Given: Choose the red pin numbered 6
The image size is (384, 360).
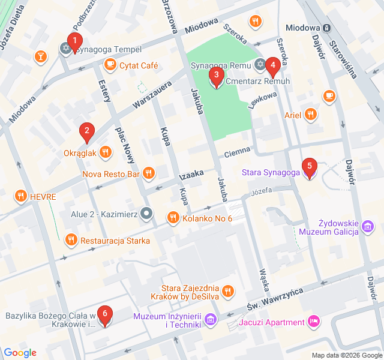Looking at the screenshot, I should pos(105,315).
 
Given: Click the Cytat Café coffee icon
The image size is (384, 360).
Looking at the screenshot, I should pos(110,65).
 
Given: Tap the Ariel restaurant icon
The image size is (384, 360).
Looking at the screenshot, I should pos(310,115).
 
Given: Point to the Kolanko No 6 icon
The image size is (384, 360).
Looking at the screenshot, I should pos(173,217).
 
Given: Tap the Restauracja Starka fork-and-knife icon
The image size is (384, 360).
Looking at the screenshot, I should pos(71,240).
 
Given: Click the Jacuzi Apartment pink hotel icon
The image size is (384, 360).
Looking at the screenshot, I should pos(313,322).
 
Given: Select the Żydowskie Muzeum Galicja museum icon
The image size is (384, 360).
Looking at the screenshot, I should pos(368,226).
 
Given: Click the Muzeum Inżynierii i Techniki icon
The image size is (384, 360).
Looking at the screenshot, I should pos(211,319).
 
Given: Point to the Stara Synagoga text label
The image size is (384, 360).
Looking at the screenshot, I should pos(270,173).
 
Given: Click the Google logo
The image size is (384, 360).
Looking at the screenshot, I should pos(20,352).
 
